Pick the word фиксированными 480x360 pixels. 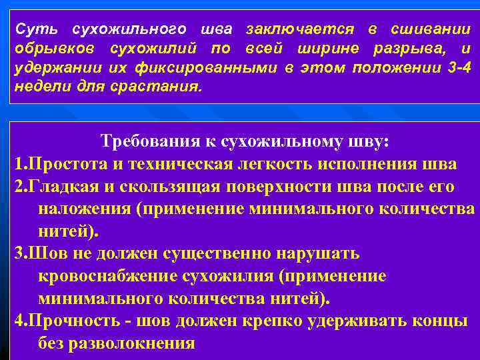pyautogui.click(x=165, y=69)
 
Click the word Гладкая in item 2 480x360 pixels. pyautogui.click(x=61, y=186)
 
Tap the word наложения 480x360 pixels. pyautogui.click(x=84, y=209)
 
